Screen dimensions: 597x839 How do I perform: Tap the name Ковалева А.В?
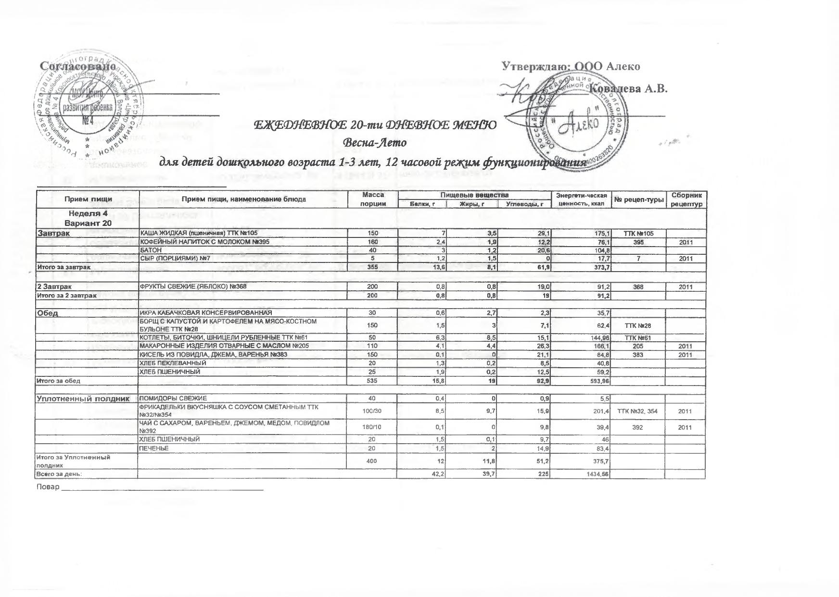628,88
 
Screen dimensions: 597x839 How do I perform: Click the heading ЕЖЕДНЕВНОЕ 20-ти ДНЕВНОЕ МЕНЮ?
375,125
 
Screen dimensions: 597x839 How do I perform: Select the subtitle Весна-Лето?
375,143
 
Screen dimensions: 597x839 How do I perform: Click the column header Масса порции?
373,199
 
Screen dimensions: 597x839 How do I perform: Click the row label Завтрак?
53,233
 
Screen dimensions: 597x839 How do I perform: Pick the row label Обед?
48,313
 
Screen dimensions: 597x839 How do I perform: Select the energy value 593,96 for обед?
597,381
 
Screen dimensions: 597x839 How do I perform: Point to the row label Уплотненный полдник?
83,398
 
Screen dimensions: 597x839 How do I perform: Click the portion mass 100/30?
373,411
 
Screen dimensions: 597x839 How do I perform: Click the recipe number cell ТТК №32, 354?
637,411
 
